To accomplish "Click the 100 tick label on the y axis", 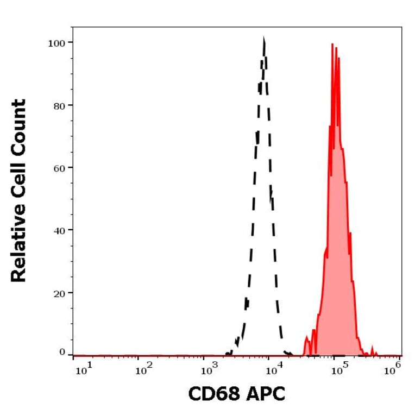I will click(x=56, y=42).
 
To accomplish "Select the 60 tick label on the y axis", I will click(x=58, y=167).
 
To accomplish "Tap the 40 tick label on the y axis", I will click(x=58, y=230).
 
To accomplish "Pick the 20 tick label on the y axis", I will click(x=58, y=292).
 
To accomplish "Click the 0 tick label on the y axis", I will click(x=62, y=352).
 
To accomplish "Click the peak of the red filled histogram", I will click(x=332, y=45).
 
